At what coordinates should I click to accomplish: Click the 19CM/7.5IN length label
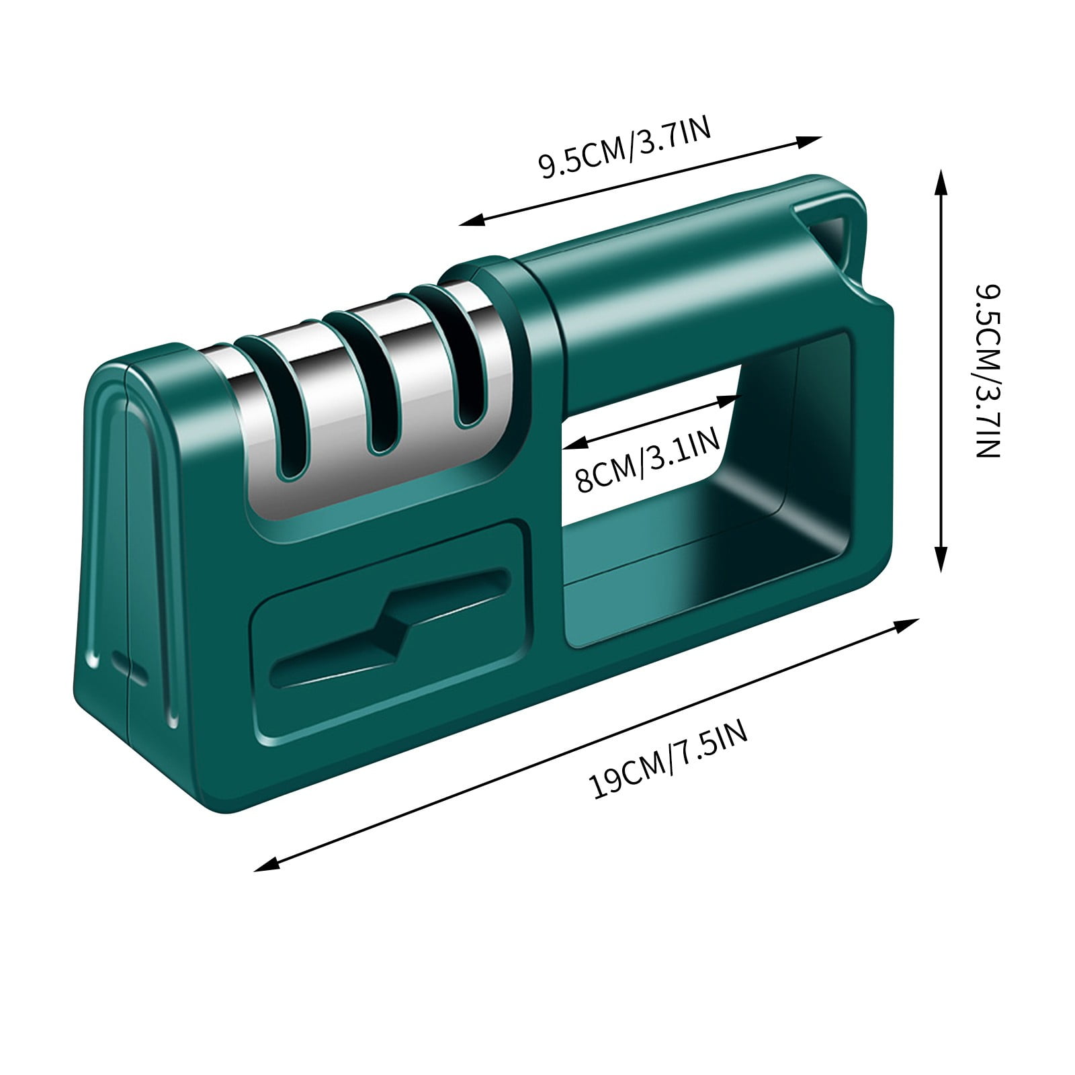[669, 759]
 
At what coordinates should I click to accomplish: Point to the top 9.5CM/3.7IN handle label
[624, 149]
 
